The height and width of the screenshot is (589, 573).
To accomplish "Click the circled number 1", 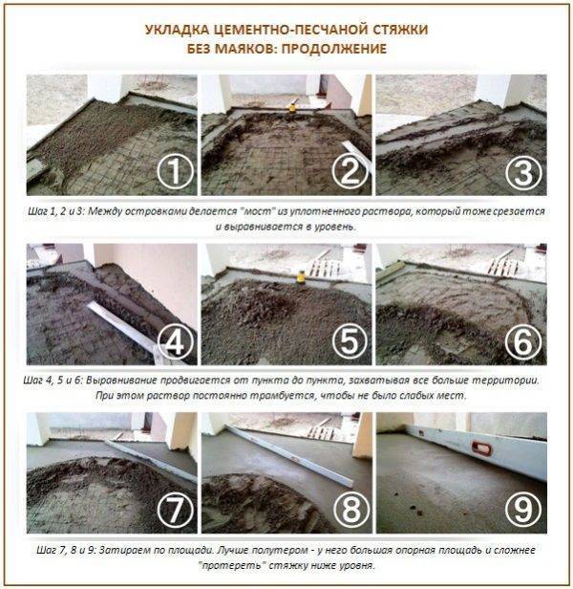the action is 175,172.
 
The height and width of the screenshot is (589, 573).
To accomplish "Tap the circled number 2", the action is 350,172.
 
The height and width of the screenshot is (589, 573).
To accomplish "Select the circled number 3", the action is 523,173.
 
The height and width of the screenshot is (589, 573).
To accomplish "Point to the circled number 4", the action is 175,342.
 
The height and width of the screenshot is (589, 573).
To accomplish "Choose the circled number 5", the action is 350,341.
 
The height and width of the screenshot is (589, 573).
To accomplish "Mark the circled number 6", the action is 523,342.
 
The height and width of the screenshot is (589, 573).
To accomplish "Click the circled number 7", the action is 175,510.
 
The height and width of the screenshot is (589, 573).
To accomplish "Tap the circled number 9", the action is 523,510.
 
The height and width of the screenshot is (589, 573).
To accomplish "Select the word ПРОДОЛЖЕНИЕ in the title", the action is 334,49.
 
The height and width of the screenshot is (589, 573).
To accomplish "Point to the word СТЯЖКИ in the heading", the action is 400,30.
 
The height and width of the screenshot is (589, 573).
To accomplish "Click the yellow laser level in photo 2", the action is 292,107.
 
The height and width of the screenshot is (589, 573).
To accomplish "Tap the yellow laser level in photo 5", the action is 301,277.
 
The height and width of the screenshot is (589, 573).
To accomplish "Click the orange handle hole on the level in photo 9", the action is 481,448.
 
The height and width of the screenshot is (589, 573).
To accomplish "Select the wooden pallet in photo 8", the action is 320,432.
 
